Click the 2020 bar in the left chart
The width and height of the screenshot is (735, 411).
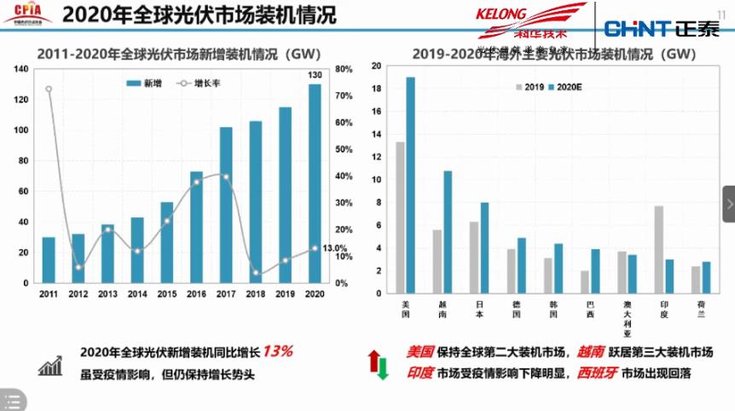pyautogui.click(x=315, y=183)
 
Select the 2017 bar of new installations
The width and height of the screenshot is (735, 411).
pyautogui.click(x=226, y=205)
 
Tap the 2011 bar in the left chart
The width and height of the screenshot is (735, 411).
pyautogui.click(x=49, y=260)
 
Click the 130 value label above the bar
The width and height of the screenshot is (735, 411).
pyautogui.click(x=315, y=75)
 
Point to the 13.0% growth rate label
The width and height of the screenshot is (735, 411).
pyautogui.click(x=334, y=248)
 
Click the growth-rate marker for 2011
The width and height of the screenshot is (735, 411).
pyautogui.click(x=49, y=89)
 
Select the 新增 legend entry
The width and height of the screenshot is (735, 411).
pyautogui.click(x=146, y=84)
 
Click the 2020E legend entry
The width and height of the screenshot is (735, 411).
pyautogui.click(x=564, y=87)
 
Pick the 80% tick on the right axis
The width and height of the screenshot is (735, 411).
pyautogui.click(x=344, y=69)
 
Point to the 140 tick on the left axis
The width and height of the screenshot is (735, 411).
pyautogui.click(x=22, y=69)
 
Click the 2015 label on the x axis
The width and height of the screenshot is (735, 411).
pyautogui.click(x=166, y=294)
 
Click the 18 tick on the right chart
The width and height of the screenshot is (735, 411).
pyautogui.click(x=376, y=89)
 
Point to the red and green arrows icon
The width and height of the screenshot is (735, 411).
pyautogui.click(x=378, y=364)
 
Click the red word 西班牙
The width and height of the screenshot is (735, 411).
pyautogui.click(x=598, y=373)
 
